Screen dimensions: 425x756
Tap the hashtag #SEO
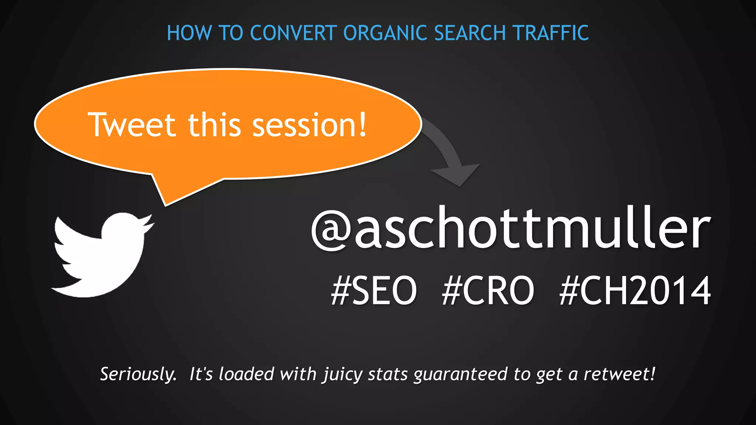point(374,291)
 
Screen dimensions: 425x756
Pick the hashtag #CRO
point(488,291)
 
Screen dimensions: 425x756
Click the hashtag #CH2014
point(635,291)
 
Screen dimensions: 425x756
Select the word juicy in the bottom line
point(343,374)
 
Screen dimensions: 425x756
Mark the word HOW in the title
point(189,33)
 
